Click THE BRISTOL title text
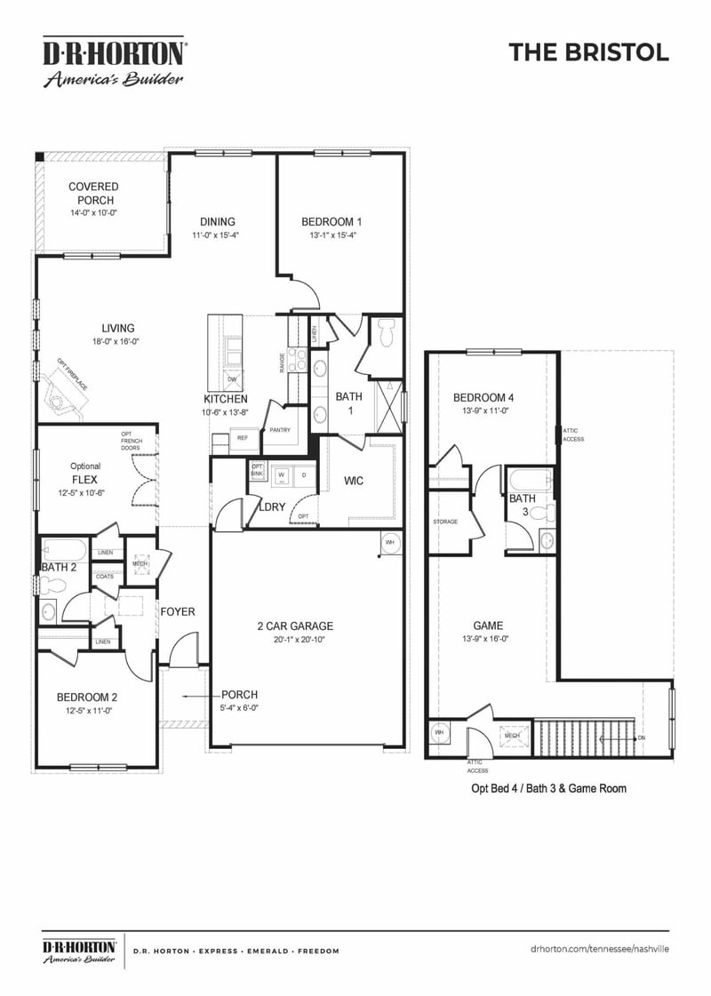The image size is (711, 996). [x=588, y=52]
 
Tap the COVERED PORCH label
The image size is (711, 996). [x=93, y=194]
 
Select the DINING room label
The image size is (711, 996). [x=217, y=222]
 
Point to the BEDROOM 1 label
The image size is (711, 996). [x=332, y=222]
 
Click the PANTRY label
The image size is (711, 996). [x=280, y=429]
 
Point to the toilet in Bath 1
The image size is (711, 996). [x=385, y=335]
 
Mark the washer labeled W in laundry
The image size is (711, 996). [x=282, y=475]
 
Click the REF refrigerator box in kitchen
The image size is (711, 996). [x=242, y=437]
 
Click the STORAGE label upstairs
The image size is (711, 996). [x=445, y=522]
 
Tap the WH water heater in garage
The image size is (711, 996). [x=389, y=541]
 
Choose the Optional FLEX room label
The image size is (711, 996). [x=85, y=478]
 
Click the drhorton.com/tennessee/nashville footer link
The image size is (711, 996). [x=599, y=950]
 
